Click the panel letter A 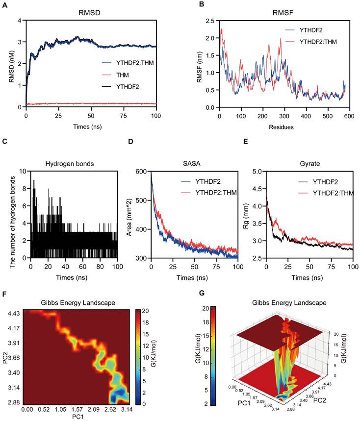tap(4, 4)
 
